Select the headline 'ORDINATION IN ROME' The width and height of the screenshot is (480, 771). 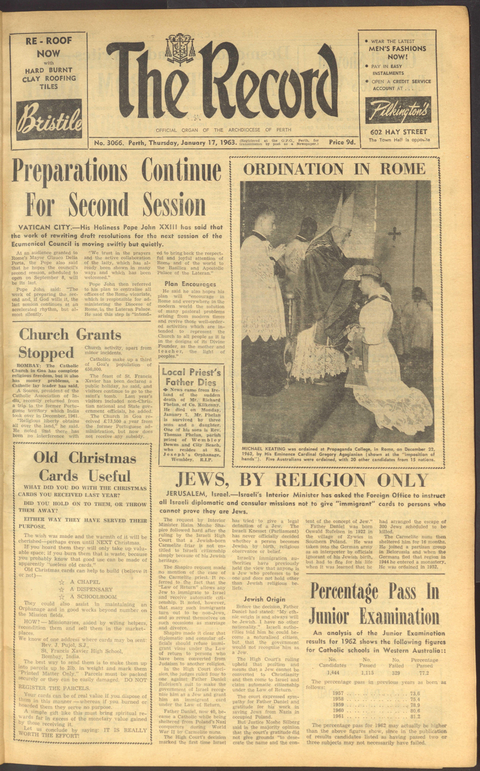tap(334, 168)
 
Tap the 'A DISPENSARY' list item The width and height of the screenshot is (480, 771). tap(91, 589)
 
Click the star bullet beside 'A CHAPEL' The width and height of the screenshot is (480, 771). tap(62, 582)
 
